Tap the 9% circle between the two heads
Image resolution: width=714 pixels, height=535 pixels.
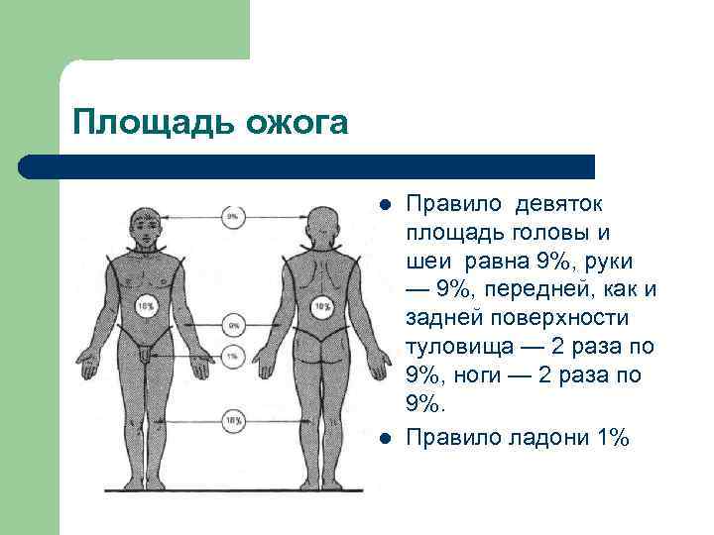(233, 215)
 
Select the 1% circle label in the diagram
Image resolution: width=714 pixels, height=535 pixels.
(233, 355)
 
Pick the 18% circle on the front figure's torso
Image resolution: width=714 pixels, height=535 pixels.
(146, 307)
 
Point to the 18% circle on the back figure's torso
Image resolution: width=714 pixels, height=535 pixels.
(322, 307)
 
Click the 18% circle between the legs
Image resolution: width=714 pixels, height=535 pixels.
(234, 420)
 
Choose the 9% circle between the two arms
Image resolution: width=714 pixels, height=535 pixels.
(233, 324)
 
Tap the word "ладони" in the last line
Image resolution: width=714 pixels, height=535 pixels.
(539, 436)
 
